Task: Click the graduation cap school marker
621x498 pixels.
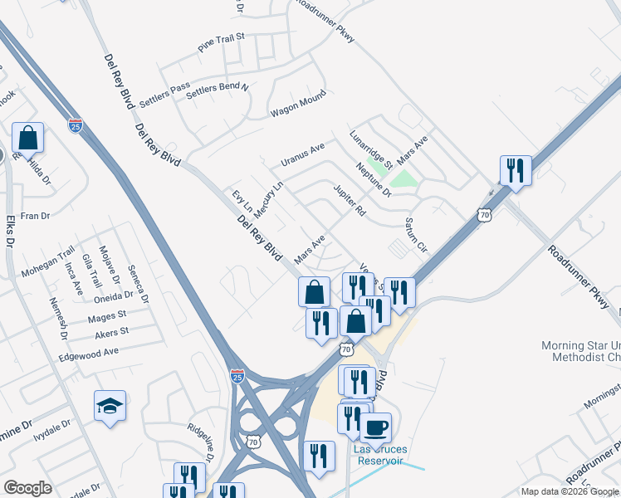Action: [110, 407]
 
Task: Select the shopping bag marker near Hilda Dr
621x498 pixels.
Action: [28, 139]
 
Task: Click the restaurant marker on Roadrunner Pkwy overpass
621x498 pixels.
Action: [516, 172]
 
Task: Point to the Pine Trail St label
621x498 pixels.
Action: [222, 43]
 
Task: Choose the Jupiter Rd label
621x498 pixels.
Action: [350, 201]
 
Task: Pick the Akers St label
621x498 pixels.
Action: [111, 332]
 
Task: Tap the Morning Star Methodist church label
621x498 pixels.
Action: [580, 351]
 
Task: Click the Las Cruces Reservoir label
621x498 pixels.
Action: [379, 455]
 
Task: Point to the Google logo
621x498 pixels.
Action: [27, 488]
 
